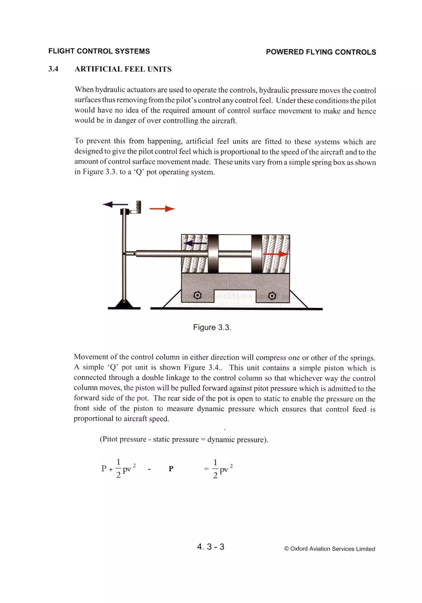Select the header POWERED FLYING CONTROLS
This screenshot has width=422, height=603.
pyautogui.click(x=321, y=52)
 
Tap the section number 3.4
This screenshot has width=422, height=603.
pyautogui.click(x=53, y=69)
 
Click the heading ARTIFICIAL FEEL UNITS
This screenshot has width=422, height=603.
pyautogui.click(x=123, y=69)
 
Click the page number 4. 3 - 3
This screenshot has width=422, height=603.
pyautogui.click(x=210, y=547)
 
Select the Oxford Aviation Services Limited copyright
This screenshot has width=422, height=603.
pyautogui.click(x=329, y=549)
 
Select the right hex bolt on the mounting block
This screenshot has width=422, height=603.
pyautogui.click(x=272, y=296)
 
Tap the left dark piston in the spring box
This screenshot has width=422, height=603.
pyautogui.click(x=213, y=254)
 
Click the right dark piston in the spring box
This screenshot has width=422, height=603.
pyautogui.click(x=257, y=254)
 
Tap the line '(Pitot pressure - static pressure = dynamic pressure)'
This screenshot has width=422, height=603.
pyautogui.click(x=184, y=439)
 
